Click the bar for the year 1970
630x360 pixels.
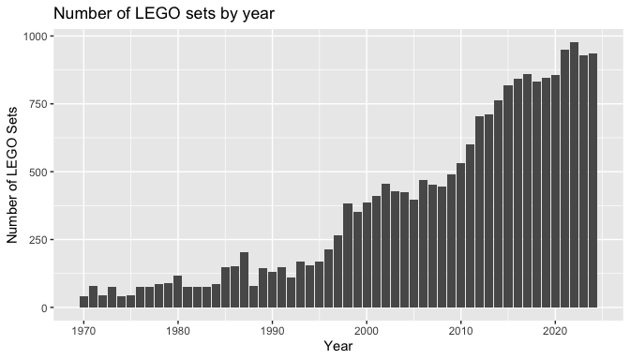click(83, 302)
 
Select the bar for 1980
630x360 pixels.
click(177, 292)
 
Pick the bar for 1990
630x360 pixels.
click(272, 290)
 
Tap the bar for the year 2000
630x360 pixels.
click(367, 255)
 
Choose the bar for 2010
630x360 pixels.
click(461, 235)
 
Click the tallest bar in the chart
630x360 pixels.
click(574, 174)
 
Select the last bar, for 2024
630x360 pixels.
click(592, 180)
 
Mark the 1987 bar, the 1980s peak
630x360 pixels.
click(244, 280)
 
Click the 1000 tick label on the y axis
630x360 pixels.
click(36, 37)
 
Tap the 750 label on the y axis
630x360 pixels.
click(38, 104)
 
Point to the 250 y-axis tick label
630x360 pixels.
click(38, 240)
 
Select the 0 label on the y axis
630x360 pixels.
click(45, 308)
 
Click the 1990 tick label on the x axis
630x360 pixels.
click(272, 331)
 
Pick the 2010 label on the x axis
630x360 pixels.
click(461, 331)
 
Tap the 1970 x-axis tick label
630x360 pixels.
click(83, 331)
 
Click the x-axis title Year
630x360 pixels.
click(338, 346)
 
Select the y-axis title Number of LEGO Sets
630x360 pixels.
click(12, 174)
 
